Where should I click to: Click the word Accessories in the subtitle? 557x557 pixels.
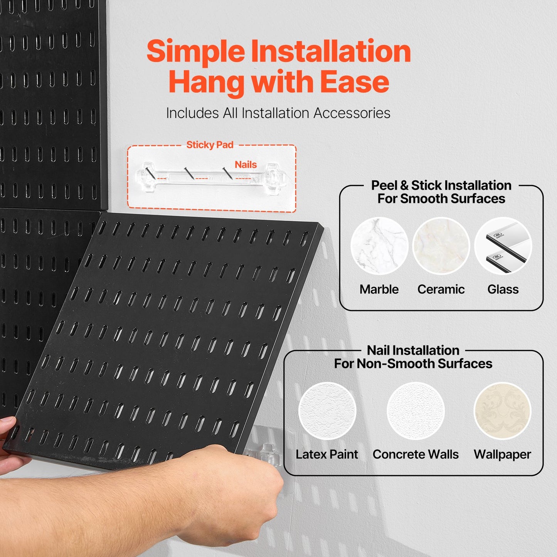click(352, 113)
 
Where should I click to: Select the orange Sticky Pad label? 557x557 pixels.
click(210, 145)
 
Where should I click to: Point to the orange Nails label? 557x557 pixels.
click(246, 165)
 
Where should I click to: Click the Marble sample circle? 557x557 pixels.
click(379, 246)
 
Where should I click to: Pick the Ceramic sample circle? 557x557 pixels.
click(441, 246)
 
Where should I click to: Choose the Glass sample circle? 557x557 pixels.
click(503, 246)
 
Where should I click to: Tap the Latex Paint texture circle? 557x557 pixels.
click(327, 411)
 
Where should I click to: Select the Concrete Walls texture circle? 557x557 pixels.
click(416, 411)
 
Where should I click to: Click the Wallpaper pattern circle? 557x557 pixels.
click(502, 411)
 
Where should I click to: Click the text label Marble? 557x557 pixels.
click(379, 289)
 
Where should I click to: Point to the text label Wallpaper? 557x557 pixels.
click(502, 454)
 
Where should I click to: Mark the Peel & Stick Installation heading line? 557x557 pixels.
click(441, 185)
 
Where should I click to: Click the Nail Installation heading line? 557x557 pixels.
click(413, 350)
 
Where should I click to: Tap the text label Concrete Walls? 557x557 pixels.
click(416, 454)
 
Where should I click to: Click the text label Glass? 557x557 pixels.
click(503, 289)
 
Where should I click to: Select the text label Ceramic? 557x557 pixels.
click(441, 289)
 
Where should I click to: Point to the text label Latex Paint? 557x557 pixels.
click(327, 454)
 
